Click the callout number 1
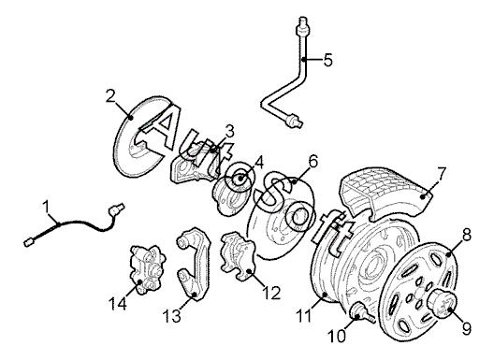(47, 208)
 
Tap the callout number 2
(111, 96)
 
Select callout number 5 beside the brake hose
(328, 60)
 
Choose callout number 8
(466, 235)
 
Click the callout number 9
(467, 328)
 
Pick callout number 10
(337, 337)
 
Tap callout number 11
(304, 316)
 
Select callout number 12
(271, 293)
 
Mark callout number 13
(172, 316)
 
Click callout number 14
(118, 304)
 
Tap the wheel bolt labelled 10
(362, 312)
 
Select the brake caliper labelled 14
(148, 270)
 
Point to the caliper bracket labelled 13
(193, 264)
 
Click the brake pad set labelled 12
(238, 256)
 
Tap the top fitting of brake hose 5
(303, 26)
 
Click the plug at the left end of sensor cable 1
(29, 242)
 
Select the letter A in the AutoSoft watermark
(161, 126)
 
